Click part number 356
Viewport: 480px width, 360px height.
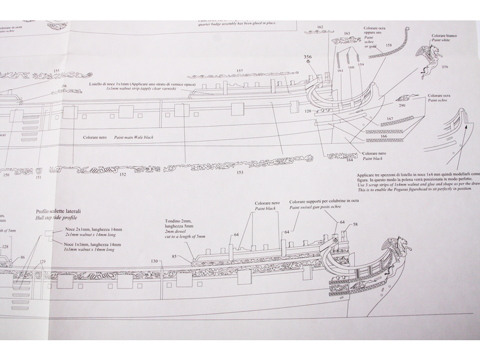[308, 57]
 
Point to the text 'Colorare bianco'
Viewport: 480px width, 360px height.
[447, 35]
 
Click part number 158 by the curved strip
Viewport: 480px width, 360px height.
[389, 45]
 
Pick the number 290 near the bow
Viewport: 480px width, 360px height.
[402, 106]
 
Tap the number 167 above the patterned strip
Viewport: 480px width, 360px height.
[389, 119]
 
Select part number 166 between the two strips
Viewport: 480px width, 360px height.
[384, 136]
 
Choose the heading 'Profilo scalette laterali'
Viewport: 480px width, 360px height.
[57, 212]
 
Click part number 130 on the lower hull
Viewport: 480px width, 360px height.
[155, 261]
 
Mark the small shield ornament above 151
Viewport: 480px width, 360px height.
[38, 170]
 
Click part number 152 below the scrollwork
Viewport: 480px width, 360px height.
[122, 175]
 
